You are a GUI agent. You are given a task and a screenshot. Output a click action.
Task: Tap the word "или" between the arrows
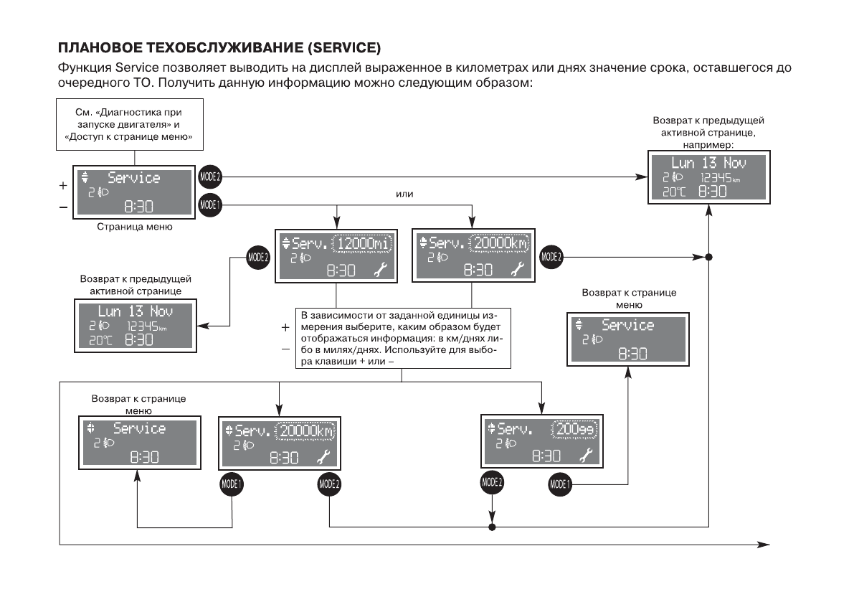(x=405, y=194)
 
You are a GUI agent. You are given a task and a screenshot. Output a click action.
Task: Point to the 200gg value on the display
(x=574, y=431)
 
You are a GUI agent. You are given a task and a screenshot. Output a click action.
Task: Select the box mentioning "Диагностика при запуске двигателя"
(x=128, y=125)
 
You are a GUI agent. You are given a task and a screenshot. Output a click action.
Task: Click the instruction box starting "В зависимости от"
(x=402, y=338)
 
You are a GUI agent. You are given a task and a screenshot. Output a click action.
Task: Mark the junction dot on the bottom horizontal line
(x=492, y=527)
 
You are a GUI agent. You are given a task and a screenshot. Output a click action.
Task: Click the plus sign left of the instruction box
(x=285, y=327)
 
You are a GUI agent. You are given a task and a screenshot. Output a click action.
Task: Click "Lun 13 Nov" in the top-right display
(x=708, y=163)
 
